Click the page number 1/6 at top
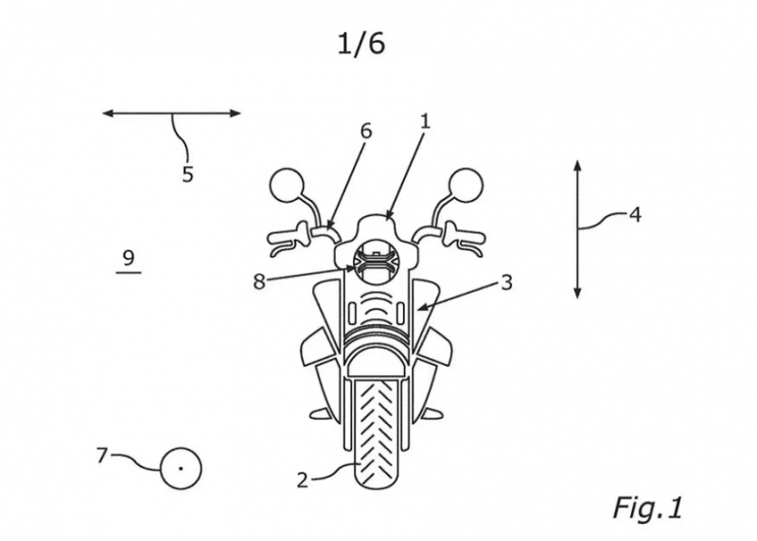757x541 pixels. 361,45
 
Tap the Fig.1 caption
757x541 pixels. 648,508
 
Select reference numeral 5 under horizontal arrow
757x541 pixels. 187,173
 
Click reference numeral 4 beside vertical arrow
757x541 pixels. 635,214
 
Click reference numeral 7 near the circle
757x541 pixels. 101,456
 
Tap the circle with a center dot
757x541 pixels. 181,468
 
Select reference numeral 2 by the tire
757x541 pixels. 302,479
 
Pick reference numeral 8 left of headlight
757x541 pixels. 259,281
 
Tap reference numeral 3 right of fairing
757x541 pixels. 506,282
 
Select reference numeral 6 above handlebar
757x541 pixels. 366,131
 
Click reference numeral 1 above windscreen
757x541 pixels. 425,121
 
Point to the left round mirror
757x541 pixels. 287,186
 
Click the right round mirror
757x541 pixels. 467,186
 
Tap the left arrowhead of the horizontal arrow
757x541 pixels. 108,114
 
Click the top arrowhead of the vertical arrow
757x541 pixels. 578,166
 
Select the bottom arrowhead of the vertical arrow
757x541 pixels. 578,293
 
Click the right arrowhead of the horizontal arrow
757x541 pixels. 235,114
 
